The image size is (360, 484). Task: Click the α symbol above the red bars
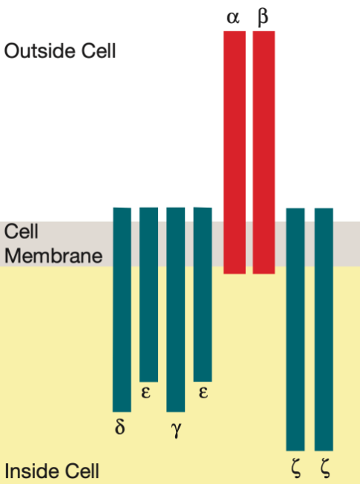(x=233, y=18)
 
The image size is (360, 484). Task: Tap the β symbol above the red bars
(x=262, y=17)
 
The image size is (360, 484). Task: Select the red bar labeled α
(x=235, y=153)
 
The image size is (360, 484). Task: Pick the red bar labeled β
(x=264, y=153)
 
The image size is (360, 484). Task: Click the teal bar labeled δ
(x=122, y=310)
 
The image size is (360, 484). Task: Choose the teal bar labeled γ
(x=175, y=310)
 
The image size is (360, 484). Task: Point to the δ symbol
(x=120, y=427)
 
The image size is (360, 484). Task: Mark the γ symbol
(x=176, y=430)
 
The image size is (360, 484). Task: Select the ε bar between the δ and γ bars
(x=148, y=295)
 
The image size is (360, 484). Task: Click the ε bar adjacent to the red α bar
(x=203, y=295)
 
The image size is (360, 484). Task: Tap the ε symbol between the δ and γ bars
(x=146, y=392)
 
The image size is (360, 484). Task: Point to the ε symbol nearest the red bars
(x=203, y=392)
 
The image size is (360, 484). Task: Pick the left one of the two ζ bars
(x=295, y=329)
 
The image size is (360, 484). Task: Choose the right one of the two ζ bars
(x=323, y=329)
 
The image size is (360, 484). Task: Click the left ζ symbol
(x=296, y=468)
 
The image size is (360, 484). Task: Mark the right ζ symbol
(x=325, y=468)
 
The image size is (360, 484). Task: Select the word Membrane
(x=54, y=256)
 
